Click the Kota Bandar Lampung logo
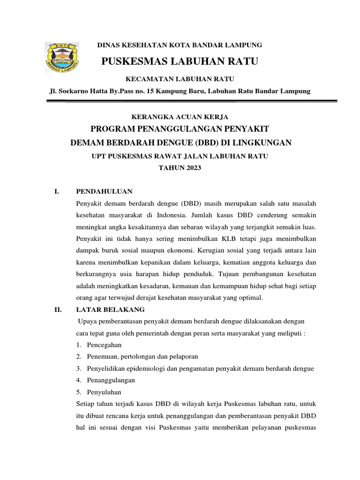tap(62, 58)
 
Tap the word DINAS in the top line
tap(106, 45)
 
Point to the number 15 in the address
tap(150, 91)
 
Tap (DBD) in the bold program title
tap(201, 142)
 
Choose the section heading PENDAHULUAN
tap(104, 191)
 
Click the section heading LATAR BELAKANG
tap(110, 309)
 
